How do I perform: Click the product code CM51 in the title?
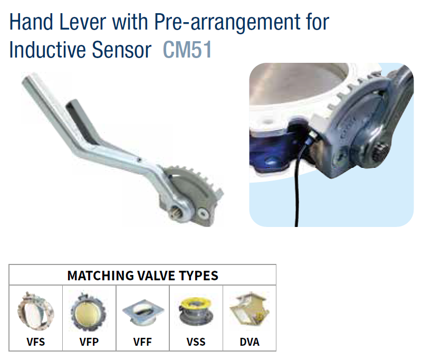187,50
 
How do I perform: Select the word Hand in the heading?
31,22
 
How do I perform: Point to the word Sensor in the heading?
122,50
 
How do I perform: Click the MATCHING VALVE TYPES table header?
142,276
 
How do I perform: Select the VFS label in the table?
35,342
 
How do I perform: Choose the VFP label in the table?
89,342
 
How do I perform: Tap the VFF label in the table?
142,342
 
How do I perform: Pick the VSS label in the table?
196,342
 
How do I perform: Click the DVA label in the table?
250,342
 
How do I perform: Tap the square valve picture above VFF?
143,312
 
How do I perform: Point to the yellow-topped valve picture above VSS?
196,312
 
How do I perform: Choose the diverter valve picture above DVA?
249,309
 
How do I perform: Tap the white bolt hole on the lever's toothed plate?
203,214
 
